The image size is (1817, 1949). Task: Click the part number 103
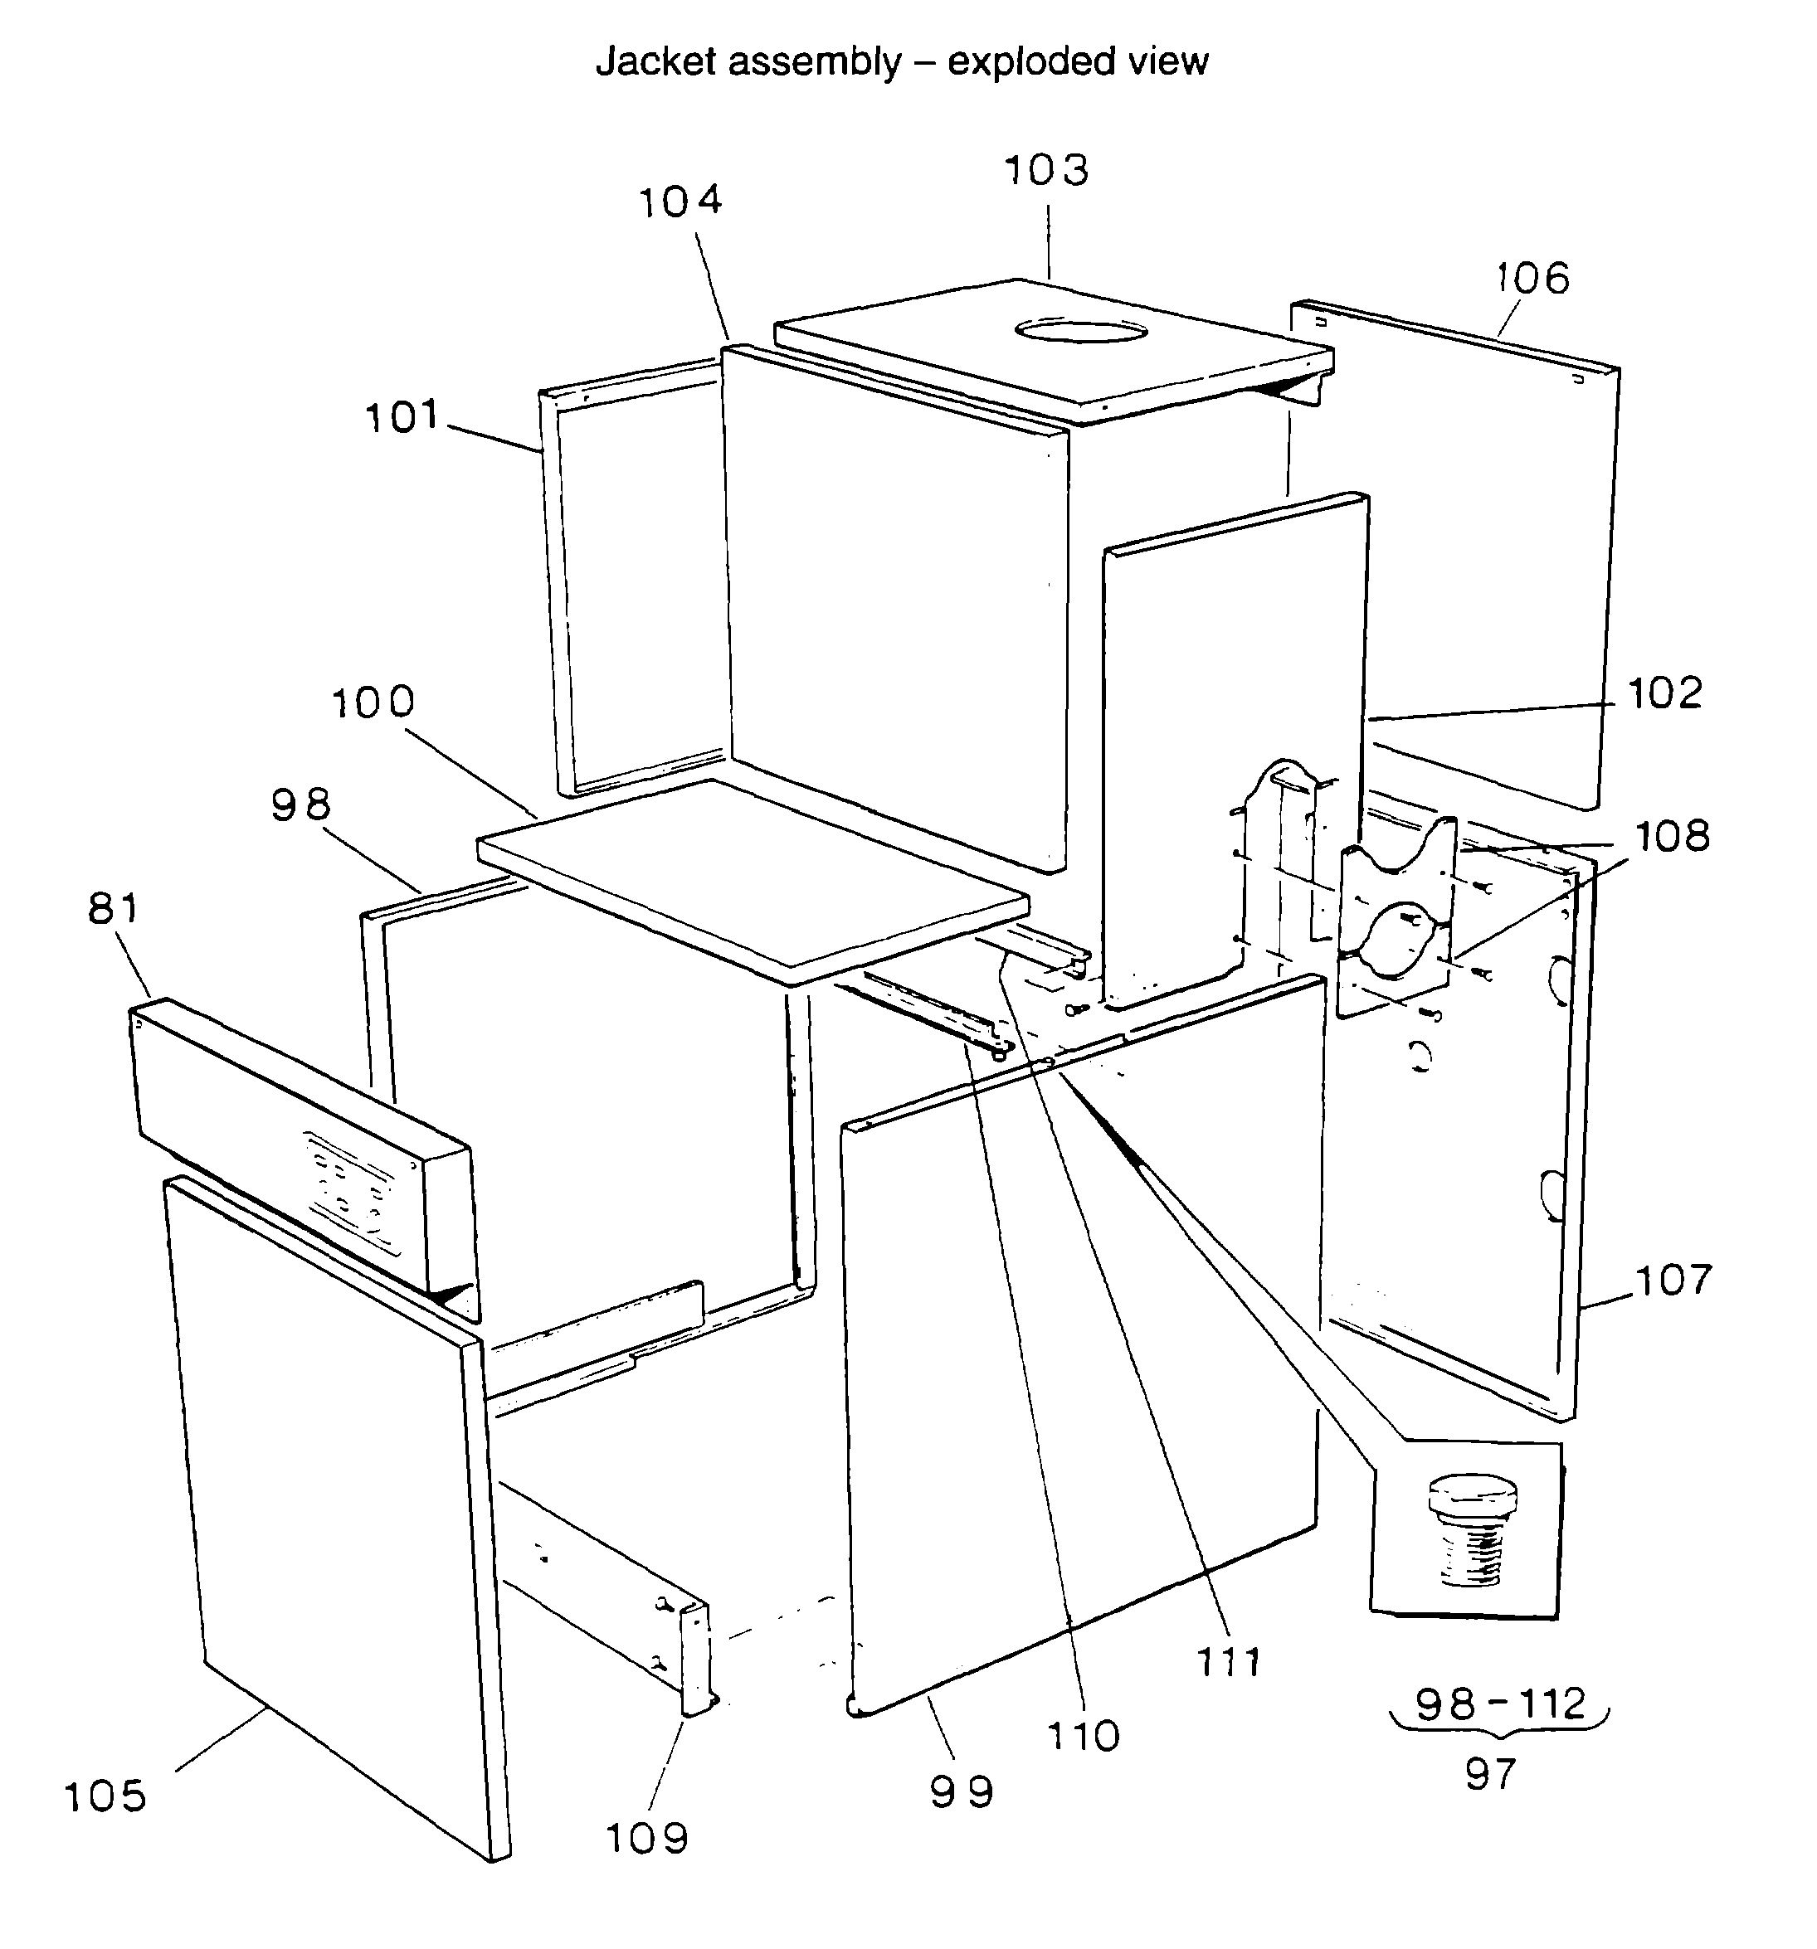(x=1046, y=171)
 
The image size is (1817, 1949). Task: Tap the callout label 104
(x=680, y=201)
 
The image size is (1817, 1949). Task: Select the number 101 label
(x=402, y=418)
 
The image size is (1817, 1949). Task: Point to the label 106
(x=1532, y=279)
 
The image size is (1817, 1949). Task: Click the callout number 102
(x=1665, y=694)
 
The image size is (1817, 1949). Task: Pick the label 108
(x=1672, y=836)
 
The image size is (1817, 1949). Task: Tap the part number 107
(x=1673, y=1281)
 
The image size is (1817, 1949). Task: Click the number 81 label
(x=114, y=909)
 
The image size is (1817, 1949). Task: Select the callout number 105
(x=105, y=1797)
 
